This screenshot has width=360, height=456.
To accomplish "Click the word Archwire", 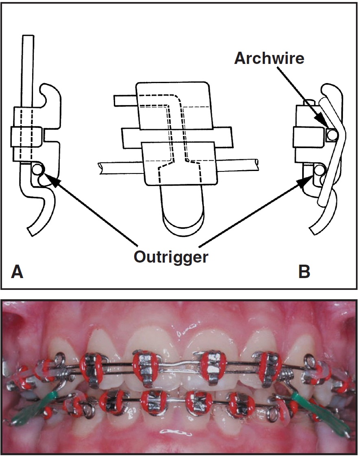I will click(269, 58).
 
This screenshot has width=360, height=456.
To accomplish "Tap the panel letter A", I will click(17, 272).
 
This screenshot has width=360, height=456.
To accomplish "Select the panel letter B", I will click(304, 272).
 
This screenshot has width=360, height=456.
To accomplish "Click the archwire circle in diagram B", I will click(332, 134).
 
